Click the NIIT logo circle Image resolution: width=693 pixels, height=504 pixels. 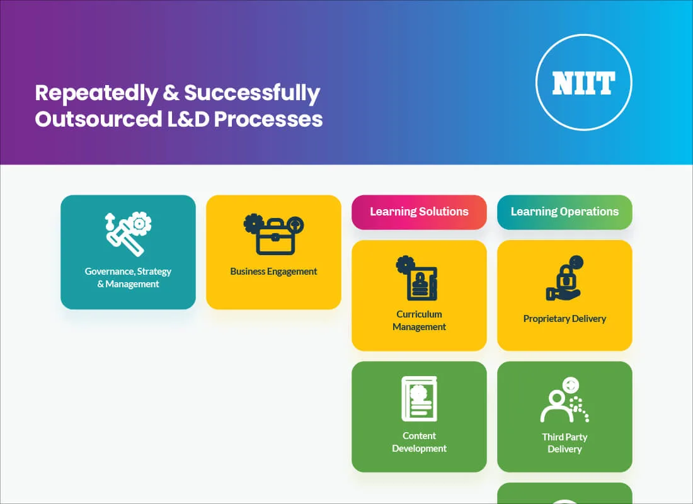(x=583, y=83)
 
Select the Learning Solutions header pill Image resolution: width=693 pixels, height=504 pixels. (x=419, y=212)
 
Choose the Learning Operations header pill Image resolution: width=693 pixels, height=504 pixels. (x=564, y=212)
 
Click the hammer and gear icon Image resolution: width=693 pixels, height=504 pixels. (x=128, y=234)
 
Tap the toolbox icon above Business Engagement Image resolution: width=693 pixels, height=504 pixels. (x=273, y=234)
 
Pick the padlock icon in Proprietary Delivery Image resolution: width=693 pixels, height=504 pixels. (x=564, y=278)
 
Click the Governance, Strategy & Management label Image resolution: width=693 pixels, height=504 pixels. (x=128, y=278)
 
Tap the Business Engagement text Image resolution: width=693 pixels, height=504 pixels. (x=273, y=272)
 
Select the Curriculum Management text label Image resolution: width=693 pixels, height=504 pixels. (x=419, y=321)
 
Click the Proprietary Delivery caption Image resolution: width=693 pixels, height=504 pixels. (x=564, y=319)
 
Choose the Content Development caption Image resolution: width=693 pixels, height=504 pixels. (x=419, y=442)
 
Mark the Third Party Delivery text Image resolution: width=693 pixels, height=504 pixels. (x=564, y=443)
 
